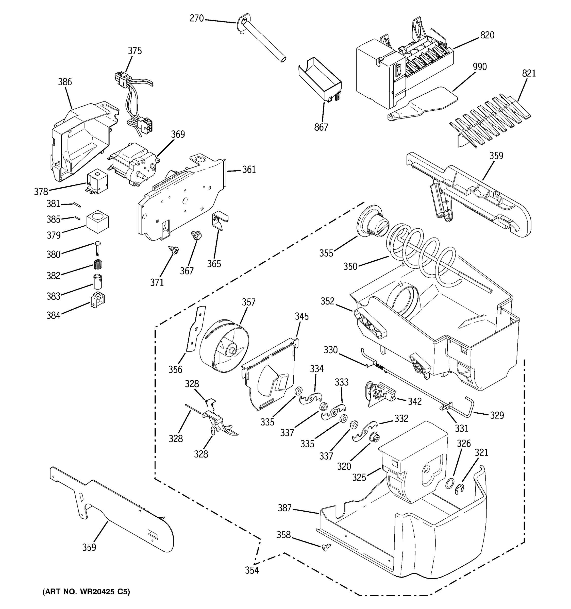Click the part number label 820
pos(487,36)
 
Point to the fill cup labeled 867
pos(320,78)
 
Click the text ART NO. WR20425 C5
pos(86,592)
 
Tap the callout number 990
pos(480,67)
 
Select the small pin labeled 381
pos(77,205)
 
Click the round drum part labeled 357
pos(224,346)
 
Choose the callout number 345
pos(301,316)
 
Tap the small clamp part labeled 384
pos(98,300)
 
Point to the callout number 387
pos(284,508)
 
